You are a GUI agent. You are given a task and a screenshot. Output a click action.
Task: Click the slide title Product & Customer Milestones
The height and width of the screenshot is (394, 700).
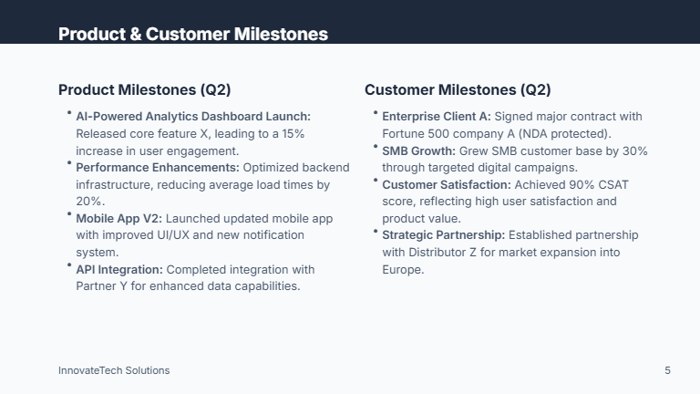click(192, 34)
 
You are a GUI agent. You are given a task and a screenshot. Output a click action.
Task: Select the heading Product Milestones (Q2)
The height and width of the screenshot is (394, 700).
click(144, 89)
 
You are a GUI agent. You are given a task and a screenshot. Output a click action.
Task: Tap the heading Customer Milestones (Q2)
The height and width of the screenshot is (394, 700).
click(458, 89)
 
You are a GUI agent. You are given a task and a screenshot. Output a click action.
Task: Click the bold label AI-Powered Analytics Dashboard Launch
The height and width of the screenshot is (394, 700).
click(193, 117)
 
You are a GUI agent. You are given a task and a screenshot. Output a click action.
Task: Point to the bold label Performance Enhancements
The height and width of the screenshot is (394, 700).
click(157, 168)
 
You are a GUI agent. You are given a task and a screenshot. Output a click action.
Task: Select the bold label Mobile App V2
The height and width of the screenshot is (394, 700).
click(118, 219)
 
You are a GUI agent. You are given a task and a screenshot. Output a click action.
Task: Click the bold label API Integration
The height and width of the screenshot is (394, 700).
click(119, 270)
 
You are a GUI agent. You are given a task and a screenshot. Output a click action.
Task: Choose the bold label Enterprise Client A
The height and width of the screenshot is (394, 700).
click(436, 117)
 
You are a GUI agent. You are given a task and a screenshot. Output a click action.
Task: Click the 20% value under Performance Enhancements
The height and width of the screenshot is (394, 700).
click(89, 202)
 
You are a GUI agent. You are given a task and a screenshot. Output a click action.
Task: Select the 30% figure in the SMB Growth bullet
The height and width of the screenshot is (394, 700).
click(634, 151)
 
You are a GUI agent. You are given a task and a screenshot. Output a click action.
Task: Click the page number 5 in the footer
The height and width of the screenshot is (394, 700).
click(667, 370)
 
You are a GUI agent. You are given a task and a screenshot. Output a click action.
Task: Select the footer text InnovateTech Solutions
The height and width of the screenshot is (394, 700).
click(114, 370)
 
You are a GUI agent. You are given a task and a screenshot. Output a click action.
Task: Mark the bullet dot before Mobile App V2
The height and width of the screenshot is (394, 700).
click(68, 215)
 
